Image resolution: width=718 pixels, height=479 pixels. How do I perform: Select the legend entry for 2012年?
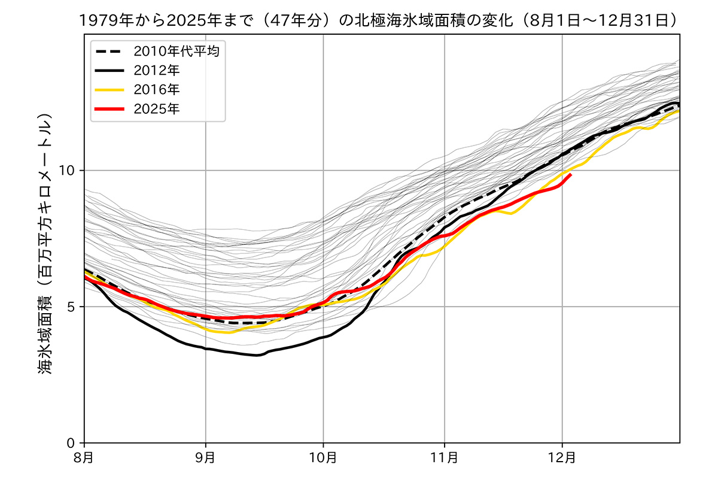coord(156,70)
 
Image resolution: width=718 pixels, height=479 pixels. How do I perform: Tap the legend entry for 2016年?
coord(156,89)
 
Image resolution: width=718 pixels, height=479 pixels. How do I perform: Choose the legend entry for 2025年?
coord(156,108)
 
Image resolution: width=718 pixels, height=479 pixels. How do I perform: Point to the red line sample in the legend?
coord(109,108)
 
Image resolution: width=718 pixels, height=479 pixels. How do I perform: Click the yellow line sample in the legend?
coord(109,89)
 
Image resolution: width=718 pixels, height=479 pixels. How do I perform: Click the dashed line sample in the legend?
coord(109,51)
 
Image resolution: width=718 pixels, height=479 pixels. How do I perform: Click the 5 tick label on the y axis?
coord(72,307)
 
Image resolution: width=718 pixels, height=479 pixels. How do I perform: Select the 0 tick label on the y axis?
coord(72,443)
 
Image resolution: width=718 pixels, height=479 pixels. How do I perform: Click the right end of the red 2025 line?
coord(571,174)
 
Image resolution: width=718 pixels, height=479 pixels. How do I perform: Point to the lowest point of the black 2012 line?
coord(257,355)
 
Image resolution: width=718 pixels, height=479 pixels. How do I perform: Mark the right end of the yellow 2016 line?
coord(679,111)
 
